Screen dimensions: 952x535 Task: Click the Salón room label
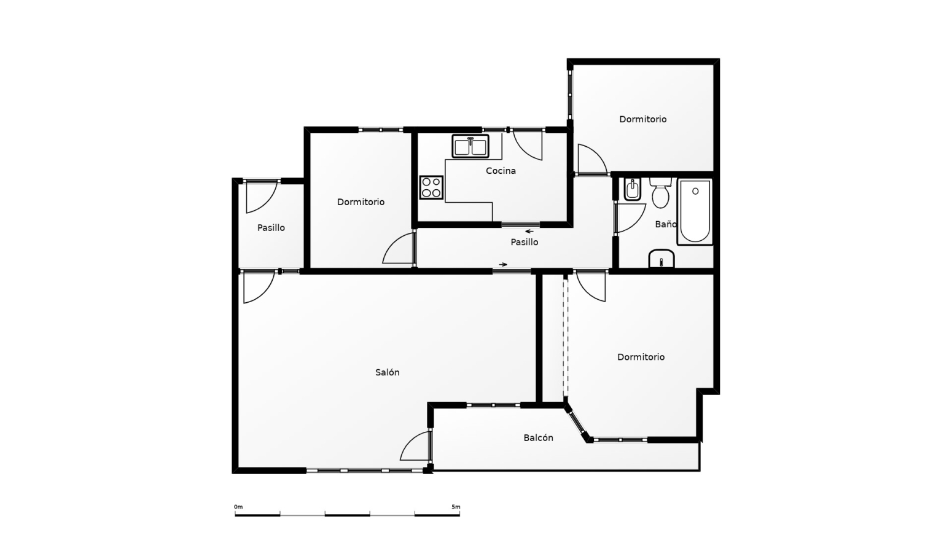click(387, 372)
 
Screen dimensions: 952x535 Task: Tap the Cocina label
click(501, 171)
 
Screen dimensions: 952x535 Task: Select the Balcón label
click(538, 438)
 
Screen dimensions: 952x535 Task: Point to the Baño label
click(666, 224)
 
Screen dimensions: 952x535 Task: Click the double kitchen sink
click(470, 146)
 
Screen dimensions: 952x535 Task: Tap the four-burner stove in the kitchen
click(431, 187)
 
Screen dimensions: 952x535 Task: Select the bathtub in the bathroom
click(695, 212)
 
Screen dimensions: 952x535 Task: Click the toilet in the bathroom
click(660, 193)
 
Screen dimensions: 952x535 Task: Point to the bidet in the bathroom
click(633, 190)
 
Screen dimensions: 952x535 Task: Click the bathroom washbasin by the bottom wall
click(661, 259)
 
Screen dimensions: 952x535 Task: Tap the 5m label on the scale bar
click(456, 507)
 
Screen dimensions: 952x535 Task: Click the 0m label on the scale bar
click(238, 507)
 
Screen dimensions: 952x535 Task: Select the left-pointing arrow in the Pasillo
click(529, 232)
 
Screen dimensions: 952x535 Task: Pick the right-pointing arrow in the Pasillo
click(503, 264)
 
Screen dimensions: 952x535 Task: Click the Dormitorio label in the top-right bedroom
click(642, 119)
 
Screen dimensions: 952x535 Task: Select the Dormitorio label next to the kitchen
click(361, 202)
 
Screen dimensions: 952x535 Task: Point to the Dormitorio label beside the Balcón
click(641, 357)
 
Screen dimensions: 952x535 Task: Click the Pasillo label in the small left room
click(271, 228)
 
